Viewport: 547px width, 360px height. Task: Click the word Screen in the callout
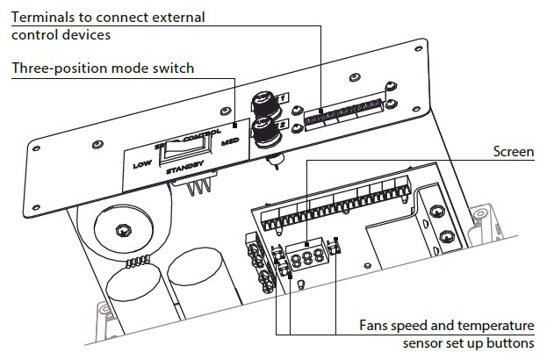514,152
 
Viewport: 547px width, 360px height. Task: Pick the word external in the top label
178,18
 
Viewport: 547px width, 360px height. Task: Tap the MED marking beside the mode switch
231,140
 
